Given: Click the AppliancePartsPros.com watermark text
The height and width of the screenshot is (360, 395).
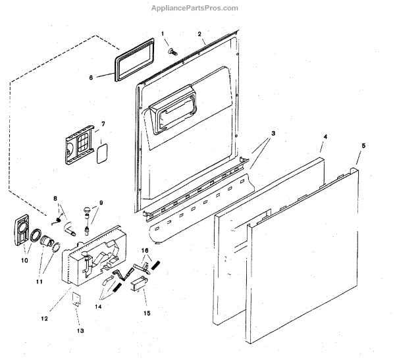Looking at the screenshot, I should click(197, 8).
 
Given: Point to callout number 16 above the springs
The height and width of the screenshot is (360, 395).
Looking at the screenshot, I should click(145, 250).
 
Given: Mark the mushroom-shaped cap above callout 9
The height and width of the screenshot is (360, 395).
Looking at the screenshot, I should click(86, 209).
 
